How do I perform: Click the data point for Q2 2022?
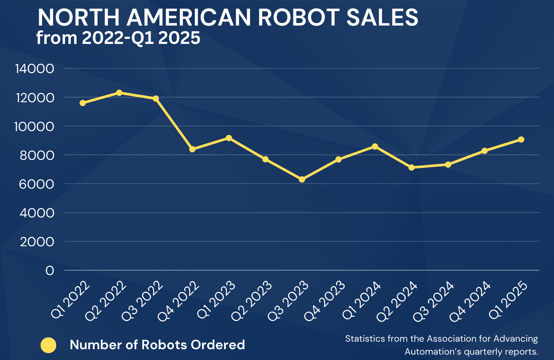click(x=119, y=93)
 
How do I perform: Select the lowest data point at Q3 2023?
click(x=302, y=179)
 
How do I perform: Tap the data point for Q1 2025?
click(x=521, y=140)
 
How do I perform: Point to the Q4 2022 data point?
click(x=192, y=149)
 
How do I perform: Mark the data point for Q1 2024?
click(x=375, y=147)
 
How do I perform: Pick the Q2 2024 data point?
click(x=412, y=167)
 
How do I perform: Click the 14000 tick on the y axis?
click(x=35, y=69)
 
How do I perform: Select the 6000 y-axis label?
click(x=35, y=184)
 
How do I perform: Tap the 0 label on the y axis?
click(x=50, y=270)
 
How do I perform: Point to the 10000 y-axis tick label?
click(x=35, y=126)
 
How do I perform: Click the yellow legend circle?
click(x=48, y=345)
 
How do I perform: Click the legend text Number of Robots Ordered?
click(x=157, y=345)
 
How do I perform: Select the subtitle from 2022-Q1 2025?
click(x=118, y=38)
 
